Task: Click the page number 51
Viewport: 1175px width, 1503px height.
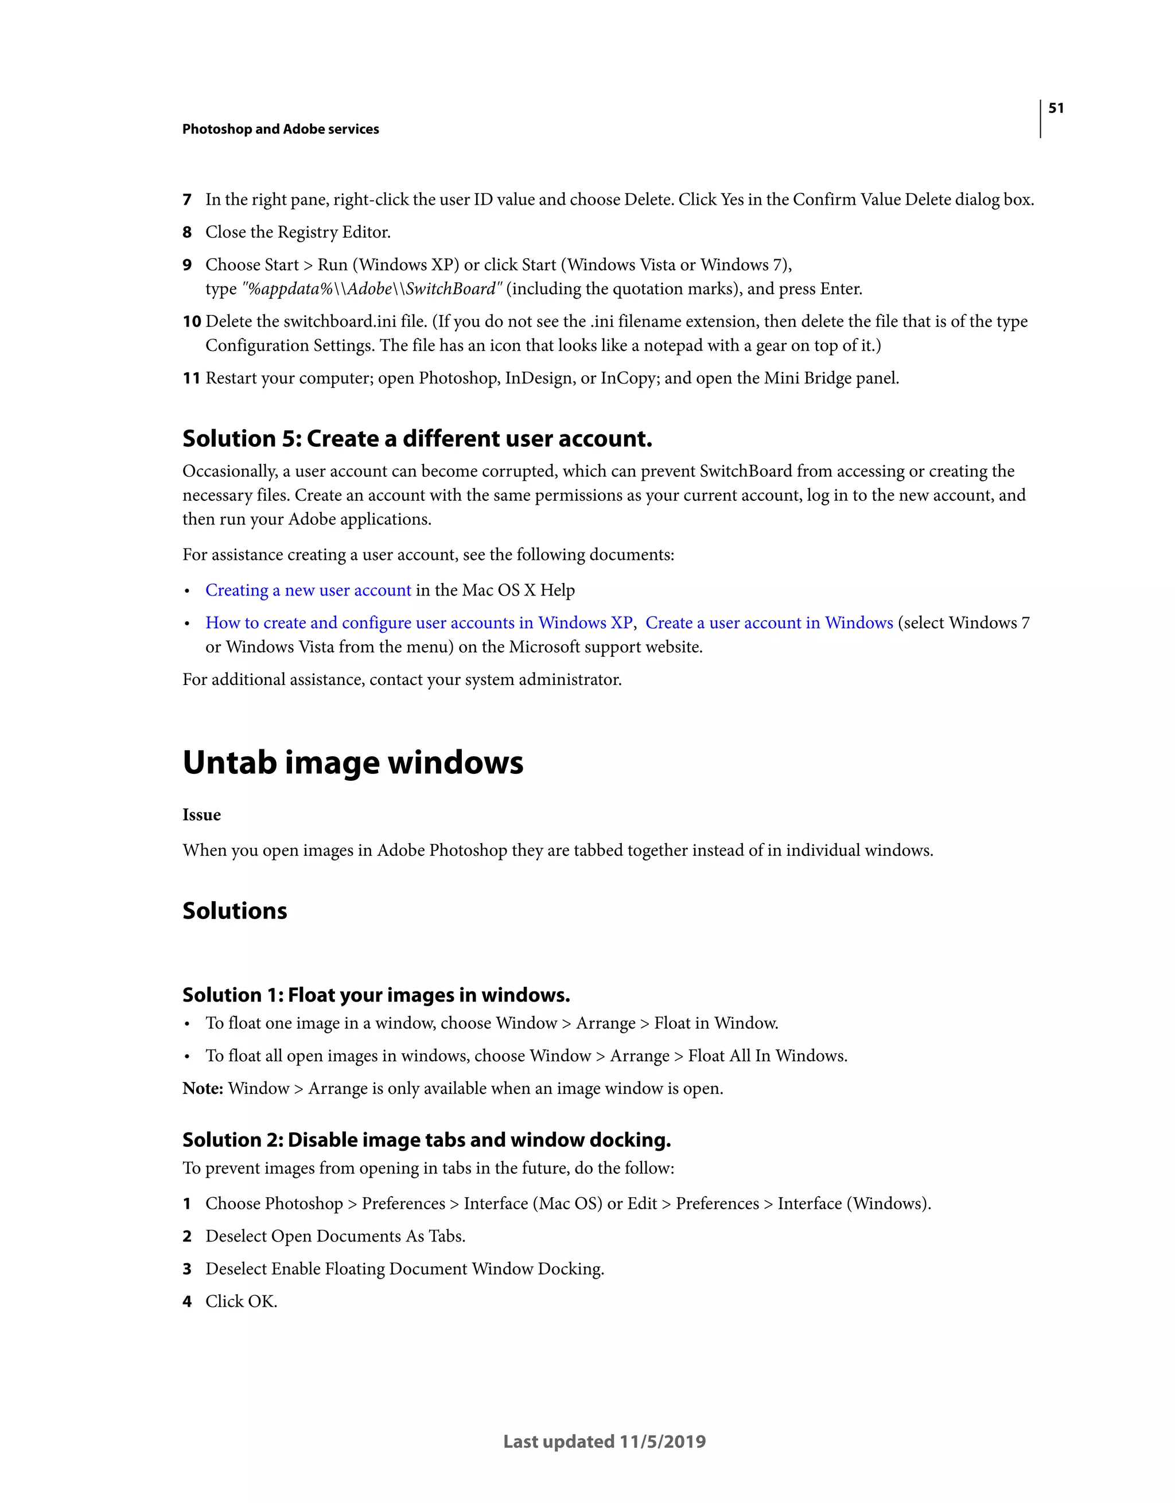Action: point(1055,108)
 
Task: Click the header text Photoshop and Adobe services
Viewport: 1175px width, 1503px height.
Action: point(280,130)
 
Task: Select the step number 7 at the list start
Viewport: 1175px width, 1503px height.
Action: point(186,200)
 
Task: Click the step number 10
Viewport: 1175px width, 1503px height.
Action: point(192,321)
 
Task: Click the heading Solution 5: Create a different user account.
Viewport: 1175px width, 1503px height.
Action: point(417,438)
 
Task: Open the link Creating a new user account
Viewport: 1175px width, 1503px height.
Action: point(308,590)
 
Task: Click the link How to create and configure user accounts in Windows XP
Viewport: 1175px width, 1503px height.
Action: point(418,623)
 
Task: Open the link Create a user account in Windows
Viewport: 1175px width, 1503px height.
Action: point(768,623)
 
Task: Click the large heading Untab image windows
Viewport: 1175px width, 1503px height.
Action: point(352,762)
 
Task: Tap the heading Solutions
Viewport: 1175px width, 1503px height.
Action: point(234,911)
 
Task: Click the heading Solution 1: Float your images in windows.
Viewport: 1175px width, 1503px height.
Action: point(376,995)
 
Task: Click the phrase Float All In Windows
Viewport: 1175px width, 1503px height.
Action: point(767,1056)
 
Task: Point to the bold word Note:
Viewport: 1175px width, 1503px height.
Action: point(203,1089)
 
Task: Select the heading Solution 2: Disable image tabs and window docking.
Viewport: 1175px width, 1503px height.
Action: point(426,1140)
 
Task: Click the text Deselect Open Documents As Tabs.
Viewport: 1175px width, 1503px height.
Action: point(334,1237)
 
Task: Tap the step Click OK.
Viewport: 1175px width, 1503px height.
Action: point(241,1302)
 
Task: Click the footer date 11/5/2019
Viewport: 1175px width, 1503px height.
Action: point(662,1442)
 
